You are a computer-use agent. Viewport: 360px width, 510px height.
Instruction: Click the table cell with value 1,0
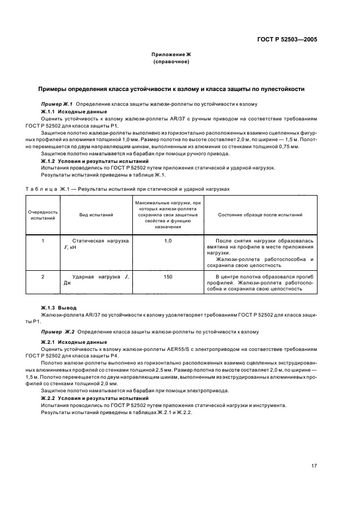coord(168,240)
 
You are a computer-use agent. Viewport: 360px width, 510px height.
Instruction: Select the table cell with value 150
coord(168,277)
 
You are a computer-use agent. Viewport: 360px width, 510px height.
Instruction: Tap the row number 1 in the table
coord(44,240)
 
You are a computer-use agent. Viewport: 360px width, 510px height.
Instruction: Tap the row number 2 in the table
coord(44,277)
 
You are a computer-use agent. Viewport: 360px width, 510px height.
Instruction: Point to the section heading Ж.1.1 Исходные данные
coord(71,111)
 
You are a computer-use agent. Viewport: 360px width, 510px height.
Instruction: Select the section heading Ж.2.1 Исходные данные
coord(71,342)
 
